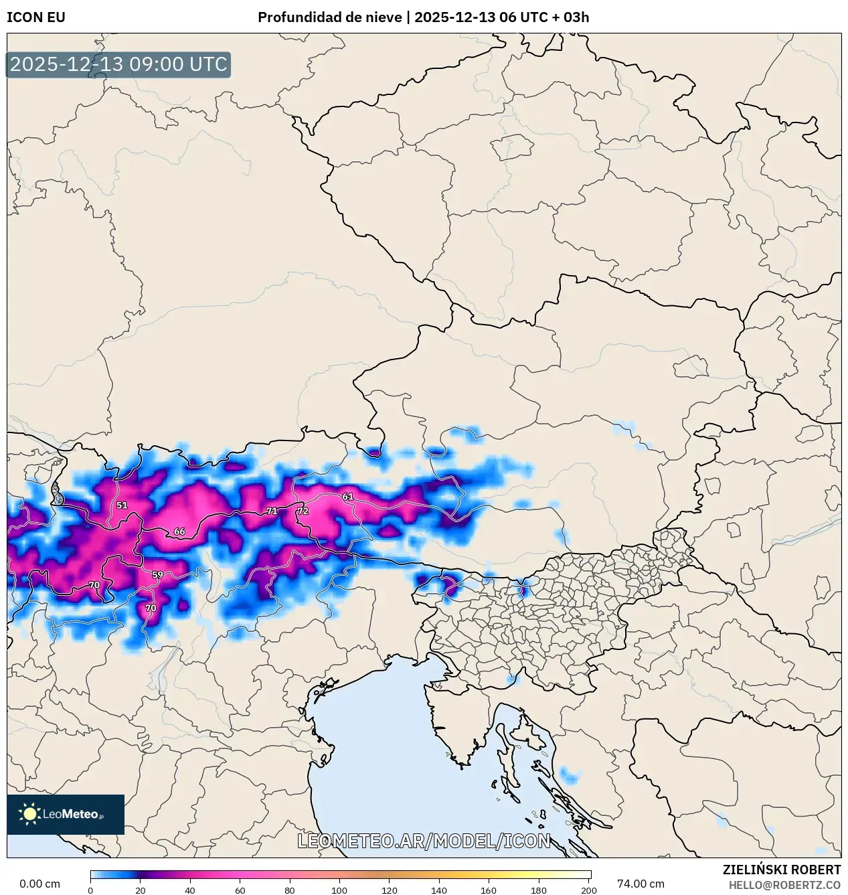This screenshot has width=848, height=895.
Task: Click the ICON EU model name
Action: click(36, 17)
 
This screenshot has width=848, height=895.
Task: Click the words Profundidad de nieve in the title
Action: click(330, 17)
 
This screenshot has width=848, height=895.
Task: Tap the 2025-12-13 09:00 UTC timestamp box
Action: click(118, 65)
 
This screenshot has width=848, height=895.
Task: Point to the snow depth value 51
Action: click(122, 505)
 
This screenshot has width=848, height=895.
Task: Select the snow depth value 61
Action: click(347, 497)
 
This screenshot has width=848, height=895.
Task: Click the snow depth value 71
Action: click(272, 511)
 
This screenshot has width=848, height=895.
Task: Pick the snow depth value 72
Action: click(303, 511)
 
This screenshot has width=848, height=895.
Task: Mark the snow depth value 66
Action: click(179, 532)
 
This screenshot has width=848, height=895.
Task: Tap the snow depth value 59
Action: click(157, 574)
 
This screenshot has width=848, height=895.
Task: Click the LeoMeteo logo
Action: click(66, 814)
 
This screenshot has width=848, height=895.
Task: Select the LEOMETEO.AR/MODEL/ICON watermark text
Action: click(424, 841)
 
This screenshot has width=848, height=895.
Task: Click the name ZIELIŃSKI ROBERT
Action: click(781, 870)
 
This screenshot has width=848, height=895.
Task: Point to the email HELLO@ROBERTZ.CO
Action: click(784, 885)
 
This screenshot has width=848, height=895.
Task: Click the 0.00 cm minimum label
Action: click(39, 884)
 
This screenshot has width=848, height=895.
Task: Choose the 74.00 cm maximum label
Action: click(641, 884)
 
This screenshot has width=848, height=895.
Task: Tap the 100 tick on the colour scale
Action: click(339, 890)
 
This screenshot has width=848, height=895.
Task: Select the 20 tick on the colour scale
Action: click(140, 890)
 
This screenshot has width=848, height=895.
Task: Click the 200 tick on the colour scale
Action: click(588, 890)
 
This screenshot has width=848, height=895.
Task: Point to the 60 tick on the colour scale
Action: click(240, 890)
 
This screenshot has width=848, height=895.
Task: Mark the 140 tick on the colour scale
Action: click(439, 890)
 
